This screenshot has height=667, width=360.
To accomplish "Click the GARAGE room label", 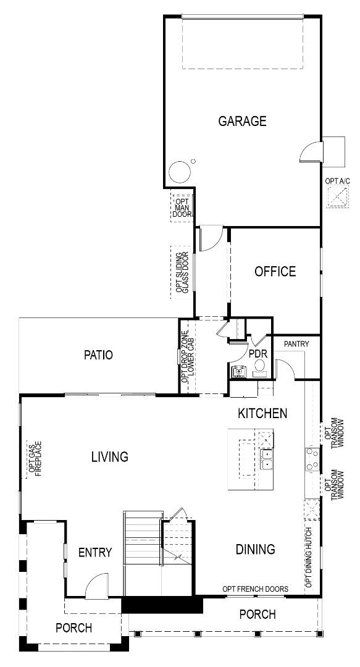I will (x=242, y=121).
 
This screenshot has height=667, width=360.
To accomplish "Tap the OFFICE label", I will (x=275, y=271).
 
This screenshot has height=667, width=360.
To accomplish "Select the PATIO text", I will (x=98, y=354).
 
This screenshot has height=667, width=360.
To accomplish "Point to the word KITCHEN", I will (x=262, y=413).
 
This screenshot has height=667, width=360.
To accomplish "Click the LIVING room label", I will (x=110, y=457).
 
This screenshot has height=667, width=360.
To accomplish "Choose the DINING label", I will (x=255, y=549).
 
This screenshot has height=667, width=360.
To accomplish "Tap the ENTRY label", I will (x=95, y=552).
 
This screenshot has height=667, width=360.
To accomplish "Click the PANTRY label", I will (x=297, y=343).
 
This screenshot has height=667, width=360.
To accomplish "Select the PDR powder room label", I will (x=257, y=354).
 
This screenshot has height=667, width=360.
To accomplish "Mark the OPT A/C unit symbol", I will (x=338, y=198).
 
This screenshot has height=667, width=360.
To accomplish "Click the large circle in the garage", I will (x=179, y=172).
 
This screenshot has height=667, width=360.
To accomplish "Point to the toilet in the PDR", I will (x=260, y=367).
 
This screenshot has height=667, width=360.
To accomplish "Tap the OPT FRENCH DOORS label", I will (x=255, y=589).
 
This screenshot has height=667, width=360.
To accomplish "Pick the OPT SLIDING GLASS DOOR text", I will (x=182, y=272).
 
